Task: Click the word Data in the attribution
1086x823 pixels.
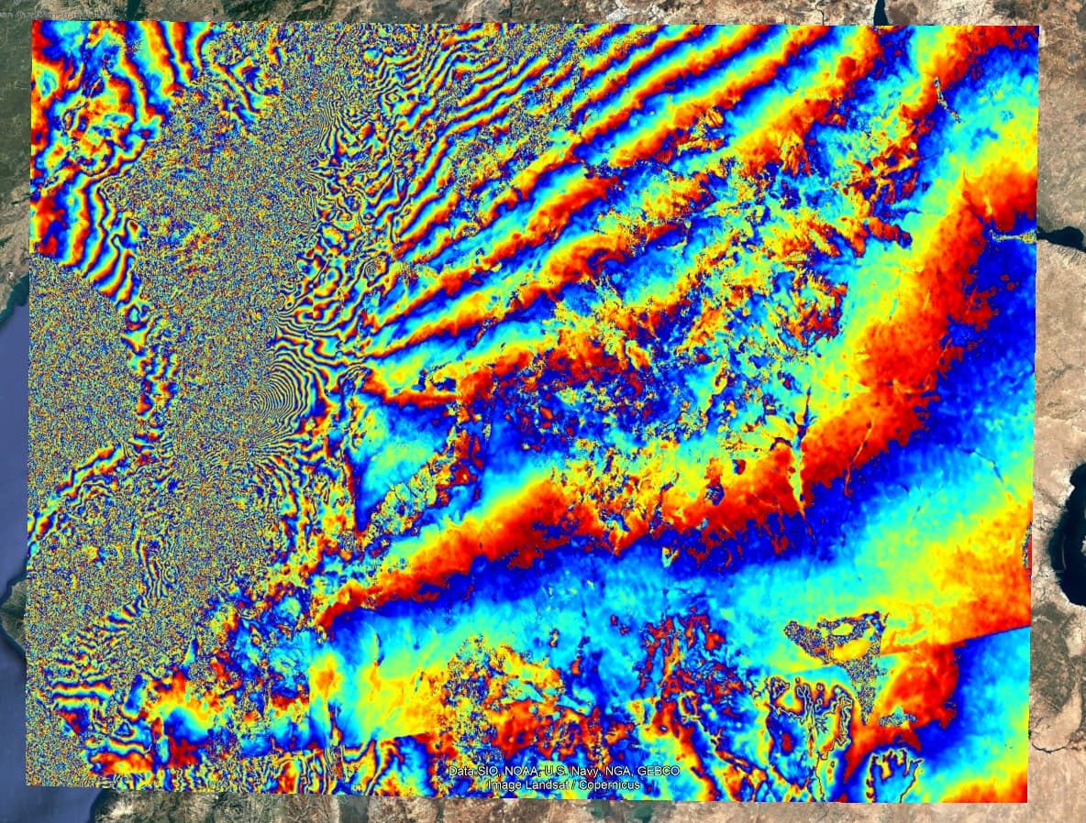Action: coord(461,772)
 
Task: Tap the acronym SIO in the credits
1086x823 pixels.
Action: coord(488,772)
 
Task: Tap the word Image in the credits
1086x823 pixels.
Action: coord(505,785)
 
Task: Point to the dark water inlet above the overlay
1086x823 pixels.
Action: coord(881,12)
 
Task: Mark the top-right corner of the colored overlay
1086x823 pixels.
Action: coord(1038,27)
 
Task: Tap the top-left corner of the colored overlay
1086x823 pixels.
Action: coord(32,22)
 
